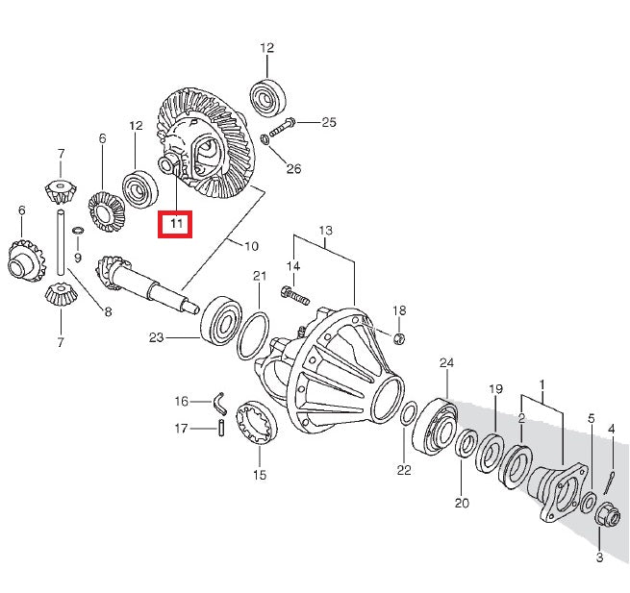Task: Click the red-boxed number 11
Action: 176,224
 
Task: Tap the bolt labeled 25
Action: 284,123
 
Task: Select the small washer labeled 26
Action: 265,142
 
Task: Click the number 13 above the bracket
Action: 325,231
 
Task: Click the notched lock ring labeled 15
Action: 260,424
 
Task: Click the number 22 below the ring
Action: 404,470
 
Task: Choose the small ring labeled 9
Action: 78,232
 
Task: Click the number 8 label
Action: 108,310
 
